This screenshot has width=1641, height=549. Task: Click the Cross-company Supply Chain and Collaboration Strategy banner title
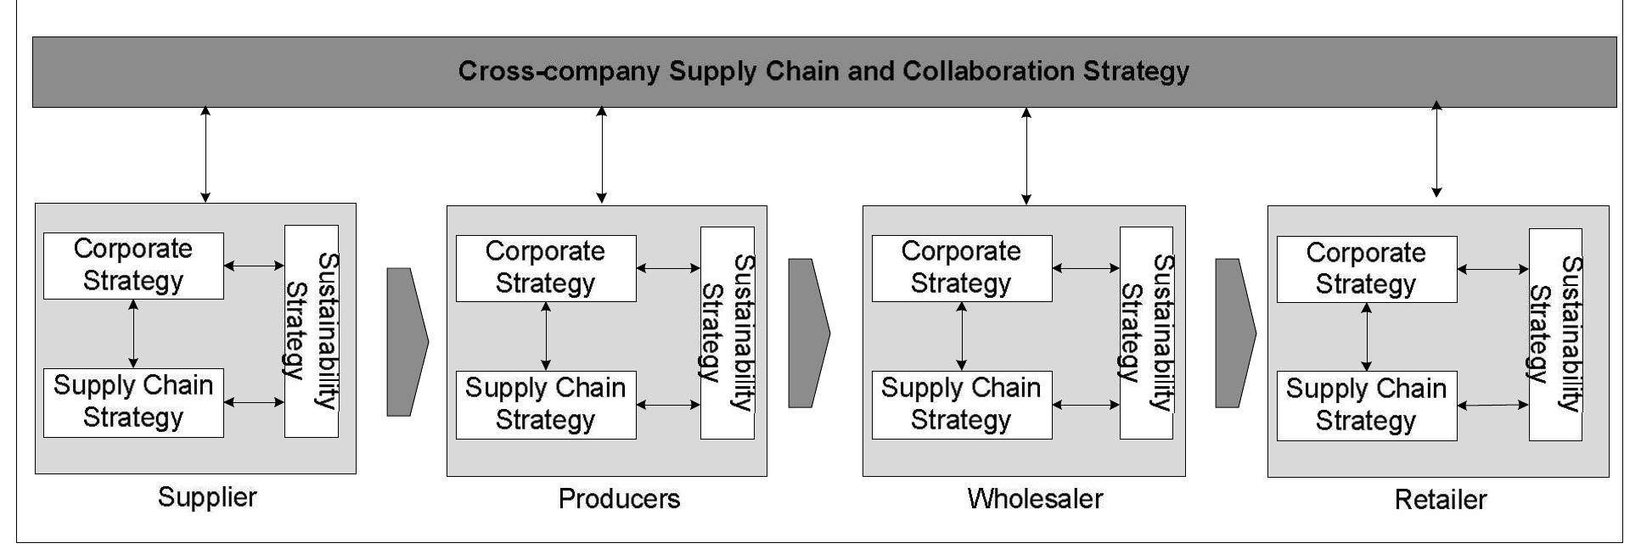click(x=823, y=70)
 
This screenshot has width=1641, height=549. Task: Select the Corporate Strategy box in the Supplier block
click(x=133, y=266)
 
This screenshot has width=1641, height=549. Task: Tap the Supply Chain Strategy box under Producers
click(x=545, y=405)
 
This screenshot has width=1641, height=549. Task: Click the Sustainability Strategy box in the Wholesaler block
click(x=1145, y=333)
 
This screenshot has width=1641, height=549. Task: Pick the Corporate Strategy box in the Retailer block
click(x=1366, y=269)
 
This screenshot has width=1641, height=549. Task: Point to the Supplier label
click(x=207, y=497)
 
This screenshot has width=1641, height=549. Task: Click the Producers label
click(x=619, y=499)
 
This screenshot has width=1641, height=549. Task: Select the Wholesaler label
click(x=1035, y=499)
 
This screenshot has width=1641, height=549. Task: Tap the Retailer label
click(x=1440, y=500)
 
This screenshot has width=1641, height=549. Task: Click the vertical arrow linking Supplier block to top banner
click(x=205, y=154)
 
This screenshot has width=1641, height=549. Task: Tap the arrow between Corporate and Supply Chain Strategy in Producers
click(x=545, y=336)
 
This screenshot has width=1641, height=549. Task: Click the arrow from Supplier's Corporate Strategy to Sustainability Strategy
click(x=254, y=266)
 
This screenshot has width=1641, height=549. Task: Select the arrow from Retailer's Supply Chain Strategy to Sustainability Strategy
click(x=1492, y=406)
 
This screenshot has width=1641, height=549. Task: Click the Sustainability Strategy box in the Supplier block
click(x=311, y=331)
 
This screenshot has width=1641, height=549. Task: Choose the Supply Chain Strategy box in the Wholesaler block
click(x=961, y=405)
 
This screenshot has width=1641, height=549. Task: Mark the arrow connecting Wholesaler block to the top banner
click(x=1026, y=156)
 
